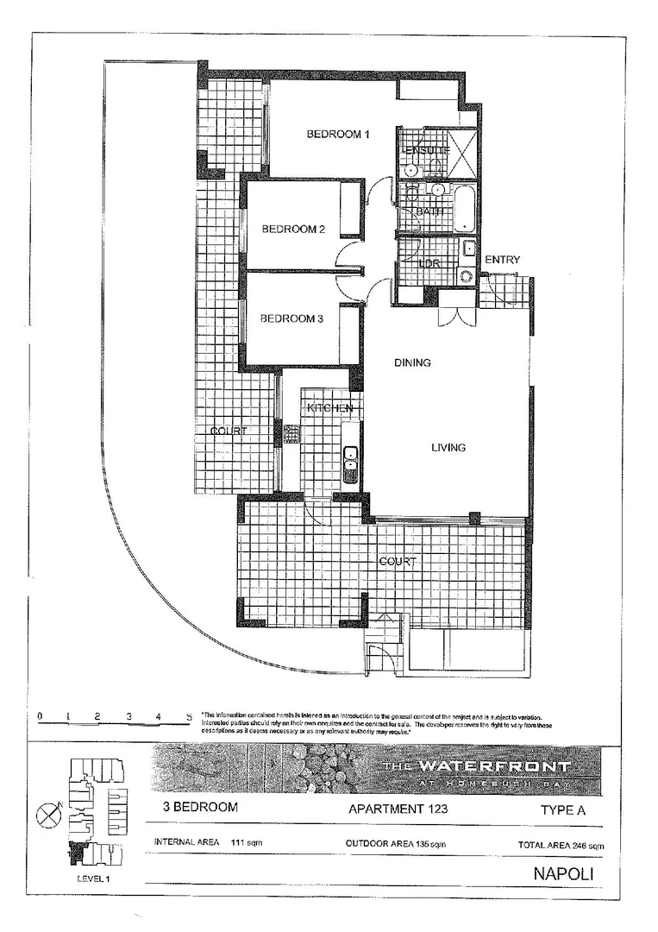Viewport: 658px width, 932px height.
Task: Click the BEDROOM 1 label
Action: tap(339, 135)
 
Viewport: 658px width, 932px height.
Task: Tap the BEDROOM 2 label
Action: tap(293, 230)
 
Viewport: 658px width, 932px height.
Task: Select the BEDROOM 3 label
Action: tap(291, 318)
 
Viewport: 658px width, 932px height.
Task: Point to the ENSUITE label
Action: tap(426, 151)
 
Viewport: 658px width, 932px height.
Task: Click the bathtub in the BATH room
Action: tap(464, 208)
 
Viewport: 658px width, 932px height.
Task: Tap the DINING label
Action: tap(412, 363)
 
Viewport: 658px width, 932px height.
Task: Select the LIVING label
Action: tap(448, 448)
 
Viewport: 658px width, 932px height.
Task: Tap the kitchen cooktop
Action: tap(291, 431)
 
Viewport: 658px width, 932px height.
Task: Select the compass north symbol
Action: tap(48, 813)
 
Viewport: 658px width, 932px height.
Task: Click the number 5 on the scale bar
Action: tap(189, 716)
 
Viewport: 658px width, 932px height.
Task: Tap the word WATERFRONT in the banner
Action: tap(494, 766)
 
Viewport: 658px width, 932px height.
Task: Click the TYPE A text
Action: tap(565, 810)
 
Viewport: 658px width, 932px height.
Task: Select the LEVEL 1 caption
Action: tap(93, 878)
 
